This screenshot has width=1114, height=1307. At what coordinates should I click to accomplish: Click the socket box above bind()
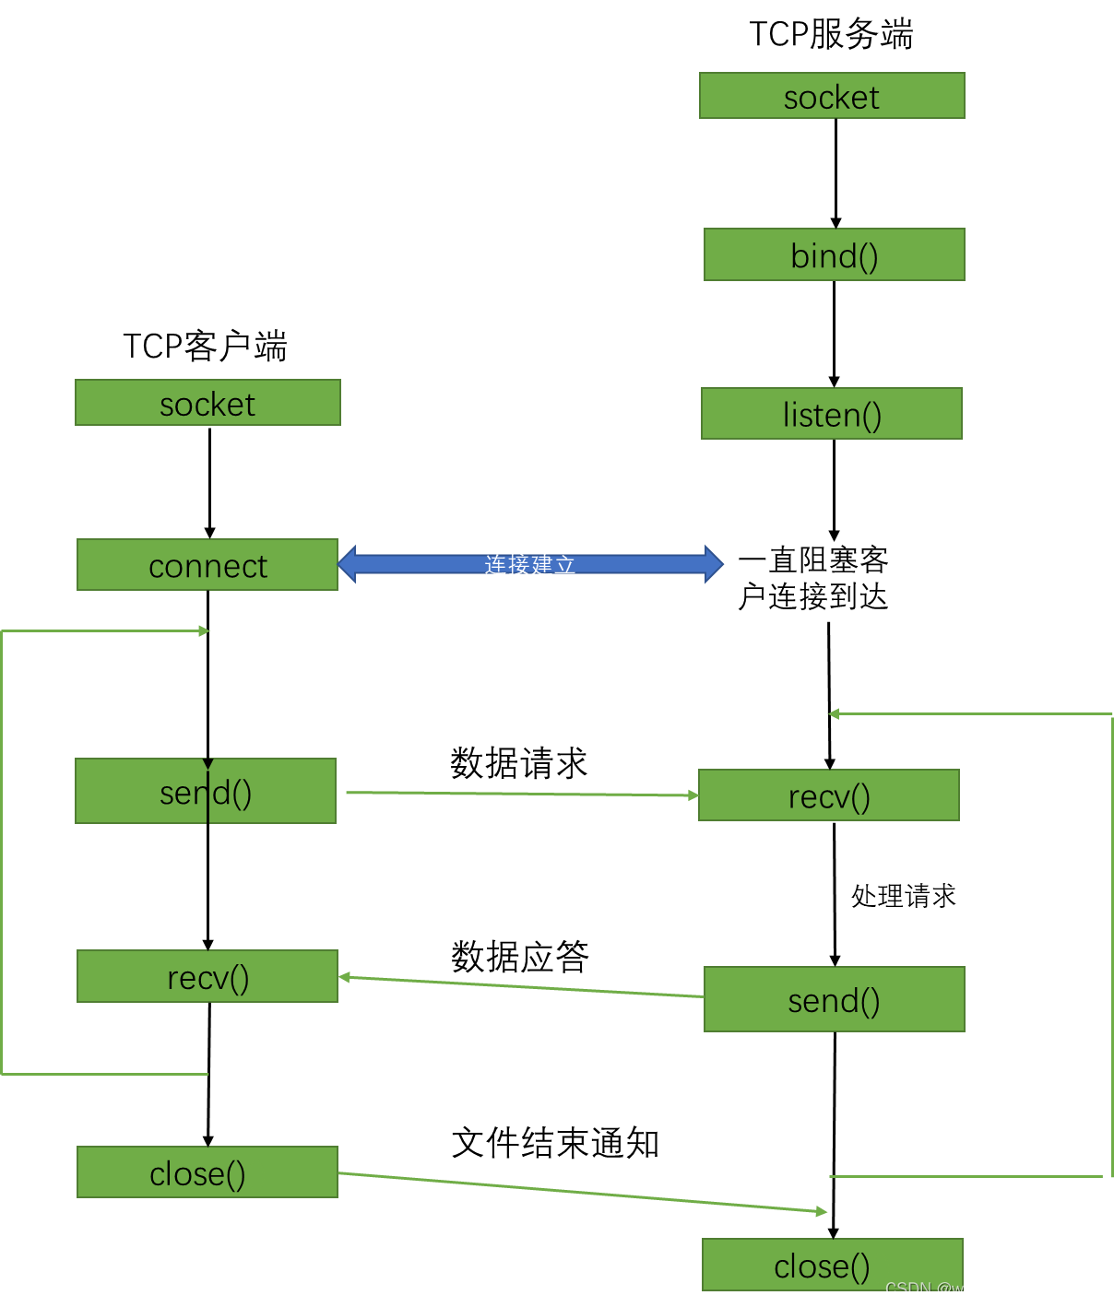click(x=832, y=96)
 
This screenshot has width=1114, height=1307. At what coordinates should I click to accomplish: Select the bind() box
click(x=834, y=254)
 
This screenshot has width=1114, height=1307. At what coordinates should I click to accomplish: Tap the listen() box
click(x=831, y=414)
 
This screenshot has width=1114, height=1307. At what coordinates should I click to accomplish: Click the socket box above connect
click(x=207, y=403)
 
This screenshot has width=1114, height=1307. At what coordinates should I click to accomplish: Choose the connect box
click(x=207, y=565)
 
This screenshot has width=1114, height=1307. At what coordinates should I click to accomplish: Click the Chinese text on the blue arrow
click(x=530, y=564)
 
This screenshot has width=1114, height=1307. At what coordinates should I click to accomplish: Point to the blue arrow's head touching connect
click(x=348, y=564)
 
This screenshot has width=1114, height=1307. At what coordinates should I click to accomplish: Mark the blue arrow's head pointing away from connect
click(x=714, y=564)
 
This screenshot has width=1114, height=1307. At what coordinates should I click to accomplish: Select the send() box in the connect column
click(x=205, y=791)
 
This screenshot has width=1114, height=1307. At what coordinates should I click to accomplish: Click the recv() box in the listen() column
click(x=828, y=795)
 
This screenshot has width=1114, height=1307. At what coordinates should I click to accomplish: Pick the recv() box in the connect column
click(x=207, y=976)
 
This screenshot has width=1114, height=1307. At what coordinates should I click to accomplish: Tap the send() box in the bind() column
click(x=834, y=999)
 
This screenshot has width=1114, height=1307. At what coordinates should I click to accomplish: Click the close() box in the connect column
click(x=207, y=1172)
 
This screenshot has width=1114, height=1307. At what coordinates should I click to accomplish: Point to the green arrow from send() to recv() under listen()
click(x=521, y=794)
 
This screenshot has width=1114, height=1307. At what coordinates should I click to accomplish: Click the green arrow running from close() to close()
click(x=581, y=1192)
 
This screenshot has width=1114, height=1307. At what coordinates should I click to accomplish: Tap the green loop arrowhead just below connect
click(x=205, y=631)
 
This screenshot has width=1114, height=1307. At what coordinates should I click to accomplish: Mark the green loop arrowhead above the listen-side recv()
click(x=834, y=714)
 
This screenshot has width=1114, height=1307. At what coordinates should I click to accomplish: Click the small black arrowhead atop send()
click(x=207, y=764)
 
